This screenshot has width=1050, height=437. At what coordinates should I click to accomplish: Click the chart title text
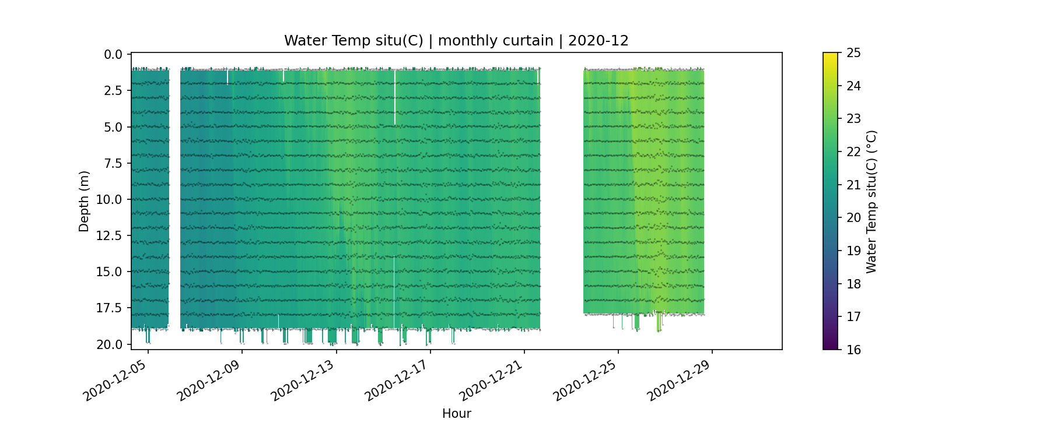[x=456, y=41]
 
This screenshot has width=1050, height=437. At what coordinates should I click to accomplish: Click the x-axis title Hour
[x=456, y=414]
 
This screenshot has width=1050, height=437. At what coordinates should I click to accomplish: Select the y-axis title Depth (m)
[x=84, y=201]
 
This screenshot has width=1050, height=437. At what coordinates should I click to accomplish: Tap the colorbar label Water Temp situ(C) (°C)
[x=871, y=201]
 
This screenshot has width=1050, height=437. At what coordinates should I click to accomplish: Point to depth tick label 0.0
[x=113, y=55]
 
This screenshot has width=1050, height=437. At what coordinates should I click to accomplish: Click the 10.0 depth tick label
[x=110, y=200]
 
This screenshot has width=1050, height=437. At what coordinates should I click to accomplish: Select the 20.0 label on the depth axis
[x=110, y=345]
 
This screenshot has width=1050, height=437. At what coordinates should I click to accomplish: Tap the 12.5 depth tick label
[x=110, y=236]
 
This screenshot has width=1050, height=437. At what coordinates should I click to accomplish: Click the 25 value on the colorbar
[x=853, y=53]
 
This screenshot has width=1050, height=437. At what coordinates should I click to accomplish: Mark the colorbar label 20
[x=853, y=218]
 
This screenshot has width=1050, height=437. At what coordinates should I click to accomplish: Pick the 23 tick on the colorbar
[x=853, y=119]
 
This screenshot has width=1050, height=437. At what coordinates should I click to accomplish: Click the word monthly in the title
[x=466, y=41]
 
